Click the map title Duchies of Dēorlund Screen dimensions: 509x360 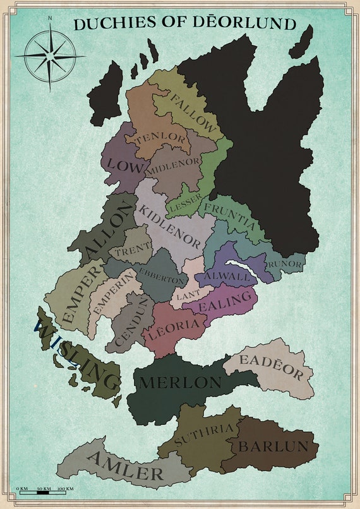point(184,24)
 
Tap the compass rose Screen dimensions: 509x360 point(50,56)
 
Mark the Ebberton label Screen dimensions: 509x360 point(163,278)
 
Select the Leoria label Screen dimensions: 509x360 point(176,327)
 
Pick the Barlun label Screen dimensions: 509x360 point(273,446)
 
